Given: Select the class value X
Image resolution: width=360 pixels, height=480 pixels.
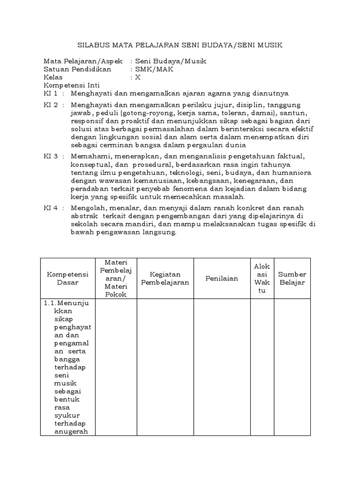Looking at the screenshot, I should [x=138, y=77].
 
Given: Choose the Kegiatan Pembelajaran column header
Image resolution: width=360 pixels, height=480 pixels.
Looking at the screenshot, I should [x=165, y=278].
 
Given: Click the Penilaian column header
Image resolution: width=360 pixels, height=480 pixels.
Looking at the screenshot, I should [x=222, y=278].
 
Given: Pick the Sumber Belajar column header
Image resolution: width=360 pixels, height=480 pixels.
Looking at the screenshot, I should [x=292, y=278].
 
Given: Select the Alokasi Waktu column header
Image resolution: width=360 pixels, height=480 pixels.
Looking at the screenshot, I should [x=262, y=278].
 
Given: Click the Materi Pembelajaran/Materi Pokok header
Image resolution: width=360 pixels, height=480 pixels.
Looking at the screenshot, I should [x=116, y=278].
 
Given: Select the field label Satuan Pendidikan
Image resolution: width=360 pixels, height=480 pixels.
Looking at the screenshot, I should [x=77, y=69].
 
